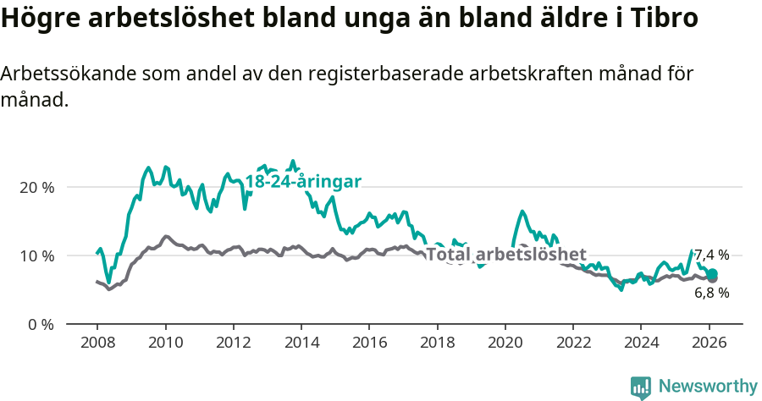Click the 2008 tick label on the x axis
pyautogui.click(x=97, y=345)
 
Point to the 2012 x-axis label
pyautogui.click(x=233, y=345)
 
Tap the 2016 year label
pyautogui.click(x=368, y=345)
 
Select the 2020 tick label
pyautogui.click(x=505, y=345)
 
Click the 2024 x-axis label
pyautogui.click(x=640, y=345)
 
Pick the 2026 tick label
pyautogui.click(x=709, y=345)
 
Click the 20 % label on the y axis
pyautogui.click(x=36, y=187)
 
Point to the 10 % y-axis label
pyautogui.click(x=36, y=255)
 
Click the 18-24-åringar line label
pyautogui.click(x=303, y=182)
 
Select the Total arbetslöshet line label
pyautogui.click(x=506, y=255)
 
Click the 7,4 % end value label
pyautogui.click(x=711, y=255)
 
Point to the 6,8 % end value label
pyautogui.click(x=711, y=293)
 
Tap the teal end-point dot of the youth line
pyautogui.click(x=713, y=273)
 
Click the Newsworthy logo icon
pyautogui.click(x=640, y=387)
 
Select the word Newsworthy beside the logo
pyautogui.click(x=707, y=386)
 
